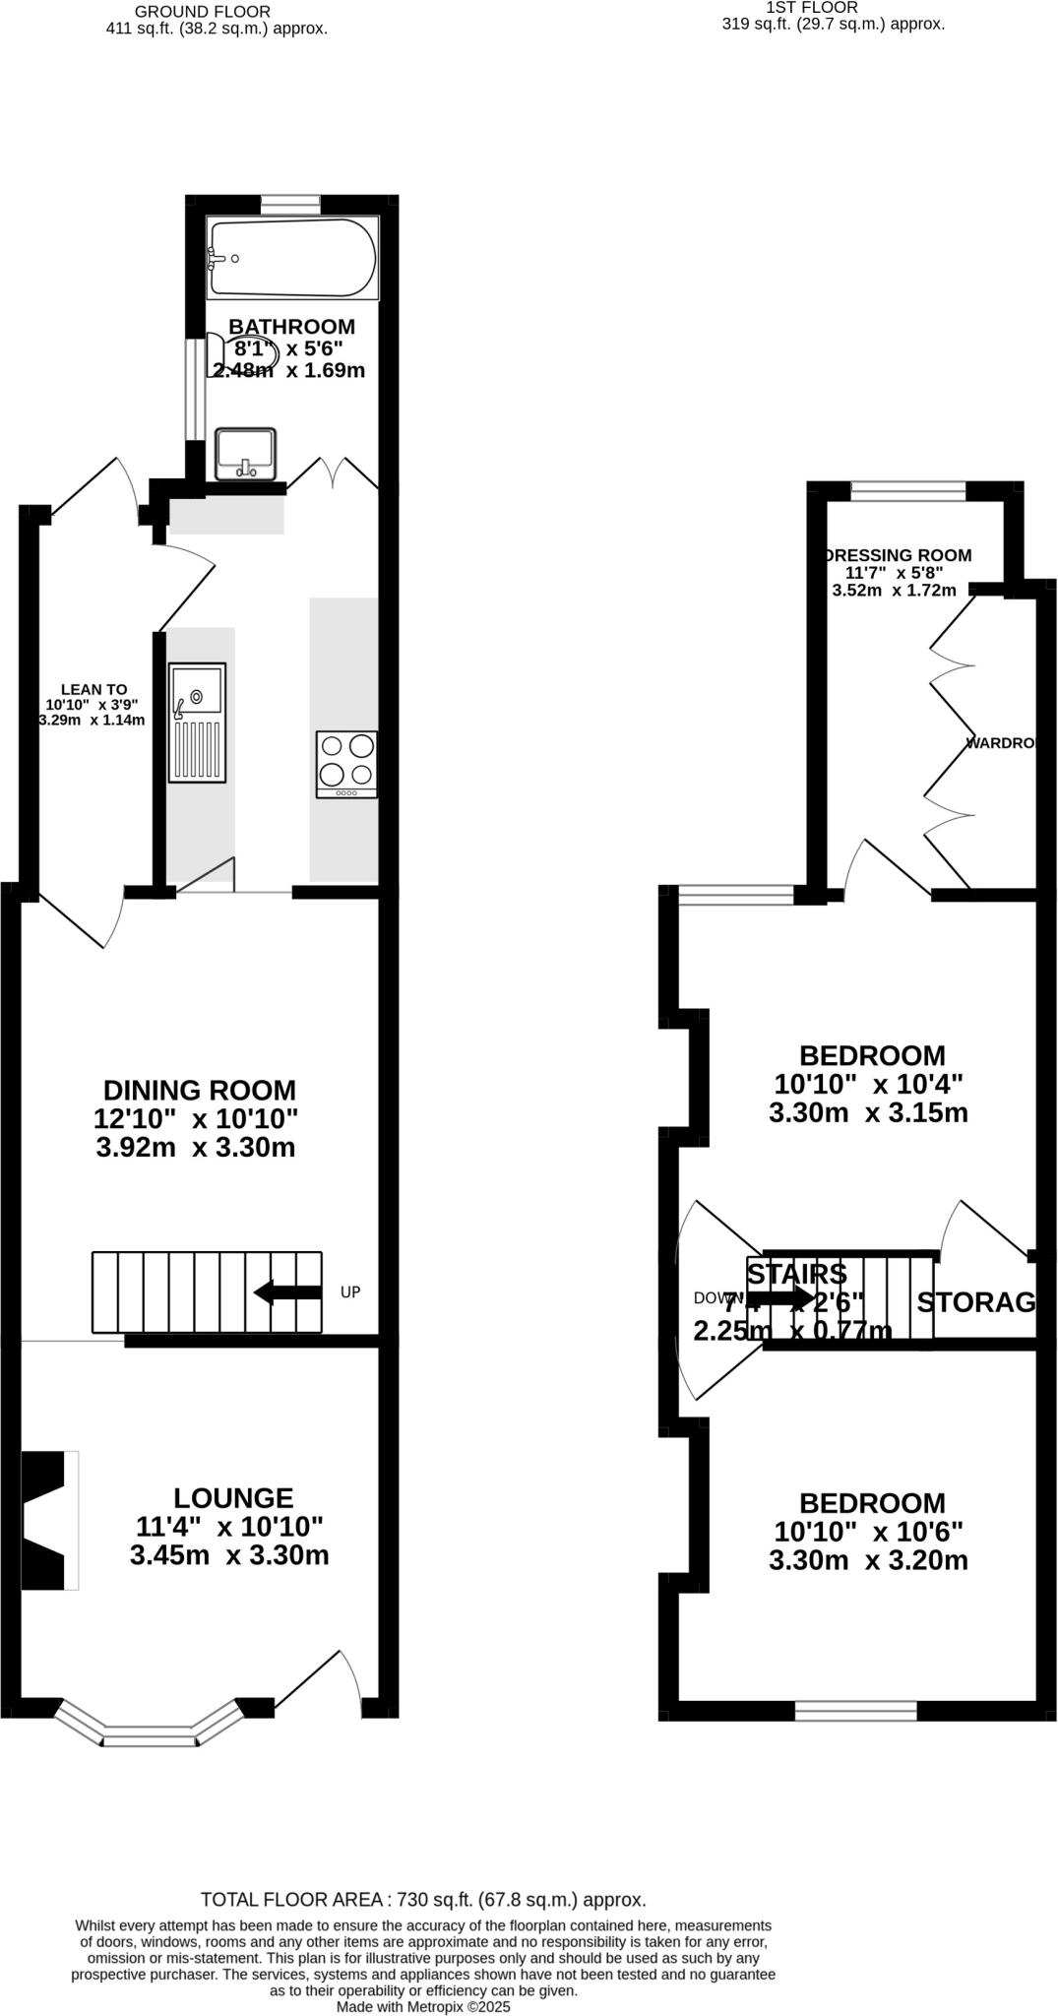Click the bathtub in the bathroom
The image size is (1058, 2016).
292,258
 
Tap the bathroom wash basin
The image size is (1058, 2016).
245,454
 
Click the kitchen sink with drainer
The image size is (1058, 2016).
197,724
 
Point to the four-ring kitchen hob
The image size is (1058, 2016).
346,764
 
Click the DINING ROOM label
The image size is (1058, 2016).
200,1091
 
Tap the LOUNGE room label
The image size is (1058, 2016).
233,1498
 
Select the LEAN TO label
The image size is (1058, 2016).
93,690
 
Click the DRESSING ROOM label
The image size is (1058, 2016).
898,555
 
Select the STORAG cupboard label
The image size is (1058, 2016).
976,1302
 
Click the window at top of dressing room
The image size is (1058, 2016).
907,489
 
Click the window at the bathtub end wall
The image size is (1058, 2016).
290,204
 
